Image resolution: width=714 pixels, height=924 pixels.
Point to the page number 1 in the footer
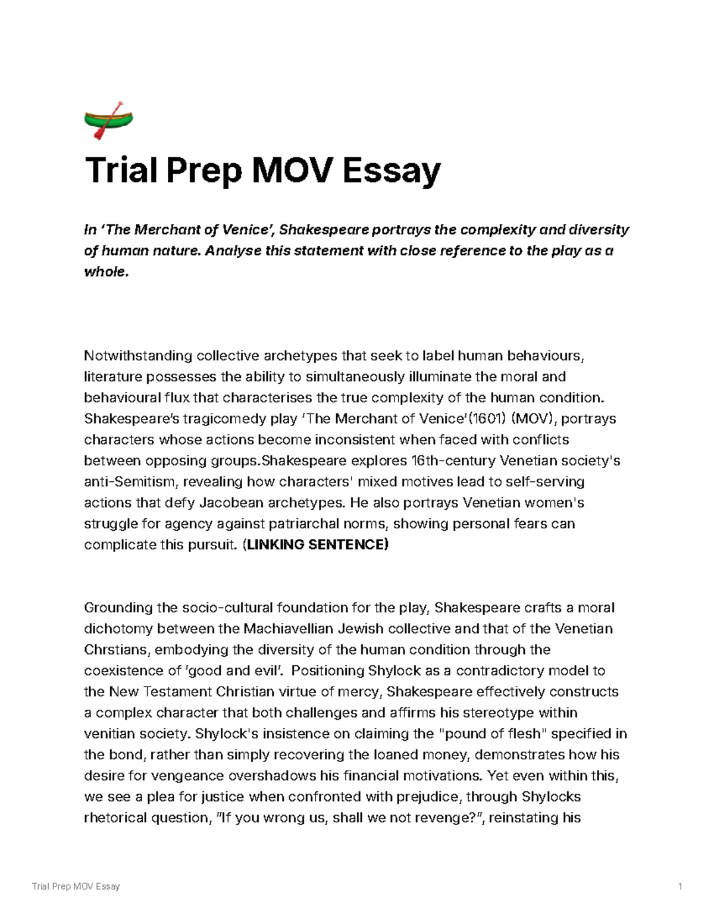tap(679, 886)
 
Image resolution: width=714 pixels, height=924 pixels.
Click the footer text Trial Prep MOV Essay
tap(76, 886)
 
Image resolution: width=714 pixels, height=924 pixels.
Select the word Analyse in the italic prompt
tap(233, 251)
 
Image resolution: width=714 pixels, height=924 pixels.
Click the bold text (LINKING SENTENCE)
tap(315, 544)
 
